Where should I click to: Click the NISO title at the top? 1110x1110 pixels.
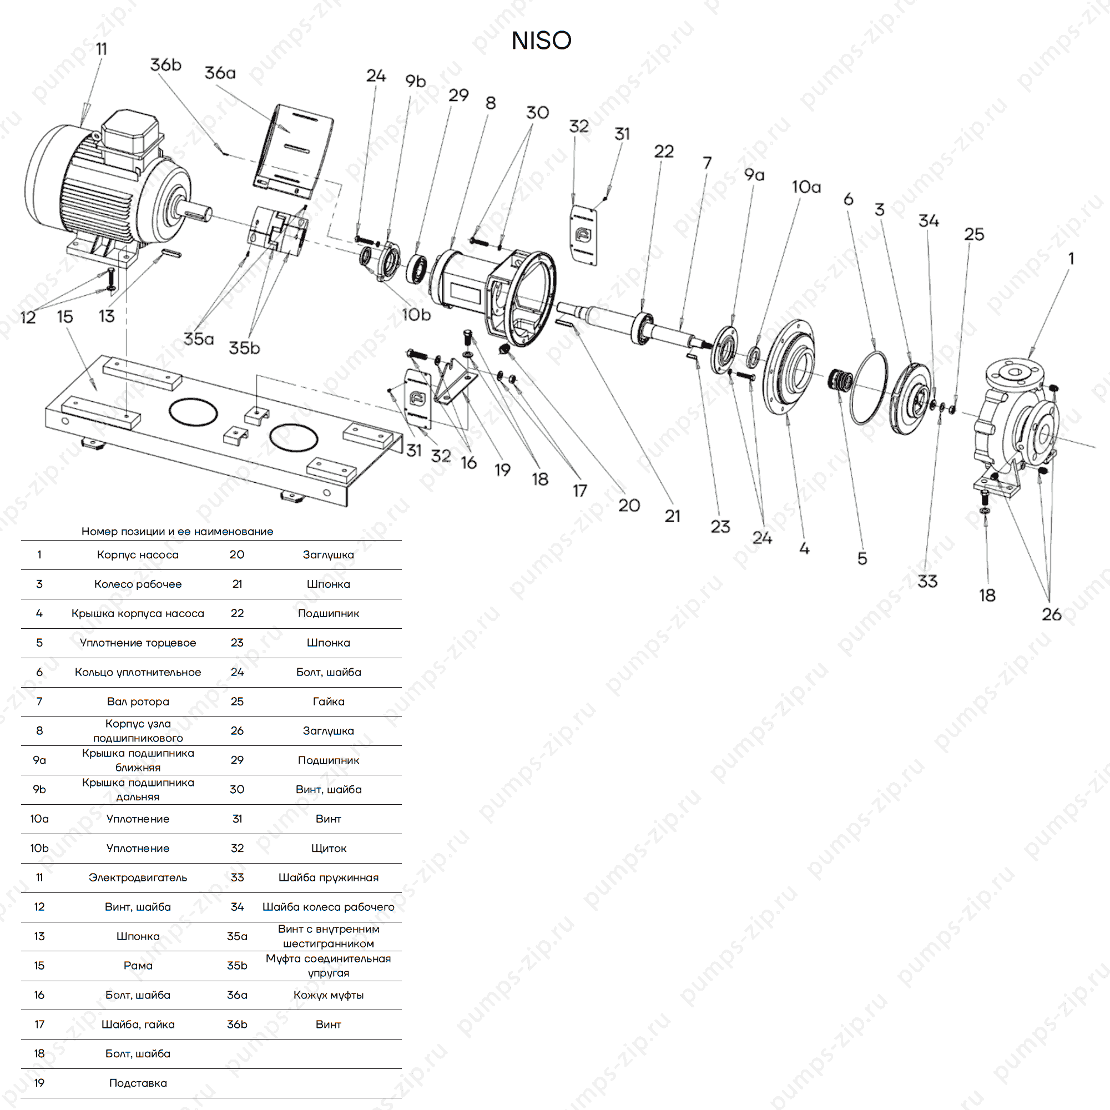coord(541,41)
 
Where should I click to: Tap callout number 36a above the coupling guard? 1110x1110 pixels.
coord(220,73)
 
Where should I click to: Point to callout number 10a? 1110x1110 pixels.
coord(806,187)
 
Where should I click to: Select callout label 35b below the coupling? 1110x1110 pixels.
coord(244,347)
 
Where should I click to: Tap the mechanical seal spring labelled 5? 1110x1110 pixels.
coord(841,379)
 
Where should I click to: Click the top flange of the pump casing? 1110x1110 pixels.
coord(1015,373)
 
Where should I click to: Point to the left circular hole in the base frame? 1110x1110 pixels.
coord(193,412)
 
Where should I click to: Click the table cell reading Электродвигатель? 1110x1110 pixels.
coord(138,877)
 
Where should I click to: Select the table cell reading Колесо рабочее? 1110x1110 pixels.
coord(138,584)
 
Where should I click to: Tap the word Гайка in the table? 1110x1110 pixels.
coord(328,702)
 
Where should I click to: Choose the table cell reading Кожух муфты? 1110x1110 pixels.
coord(328,995)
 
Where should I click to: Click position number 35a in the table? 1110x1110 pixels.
coord(237,936)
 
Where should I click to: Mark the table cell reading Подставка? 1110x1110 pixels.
coord(138,1083)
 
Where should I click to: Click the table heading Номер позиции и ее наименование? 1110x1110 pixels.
coord(177,532)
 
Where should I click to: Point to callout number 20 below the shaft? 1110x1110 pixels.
coord(629,506)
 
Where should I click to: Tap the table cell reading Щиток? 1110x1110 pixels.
coord(328,849)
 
